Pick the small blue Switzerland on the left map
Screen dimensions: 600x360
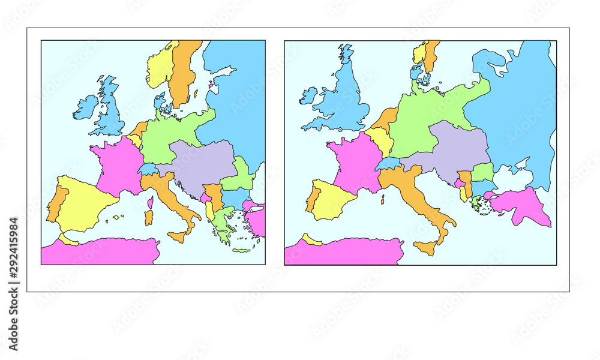(x=148, y=169)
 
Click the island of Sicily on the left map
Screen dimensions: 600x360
(x=177, y=237)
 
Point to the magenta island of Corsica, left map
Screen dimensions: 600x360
(x=150, y=202)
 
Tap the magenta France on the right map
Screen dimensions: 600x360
(x=357, y=162)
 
